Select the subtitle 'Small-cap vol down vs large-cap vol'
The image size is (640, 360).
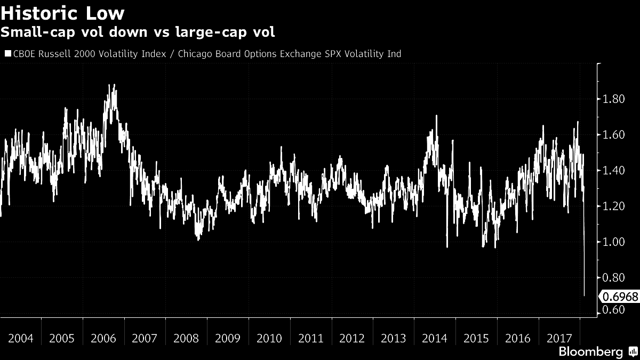138,33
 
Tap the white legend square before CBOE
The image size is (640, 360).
7,53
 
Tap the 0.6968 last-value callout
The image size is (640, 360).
619,296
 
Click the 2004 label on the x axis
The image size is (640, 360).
21,339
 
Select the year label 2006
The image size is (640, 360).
104,339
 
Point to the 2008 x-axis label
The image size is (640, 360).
187,339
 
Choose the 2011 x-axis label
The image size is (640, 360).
311,339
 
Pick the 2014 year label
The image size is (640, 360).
435,339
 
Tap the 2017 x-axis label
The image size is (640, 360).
559,339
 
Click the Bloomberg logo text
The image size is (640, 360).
590,352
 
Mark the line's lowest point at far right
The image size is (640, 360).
585,295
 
